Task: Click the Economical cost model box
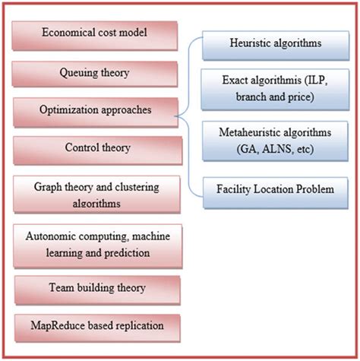tap(96, 33)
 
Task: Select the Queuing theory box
tap(96, 72)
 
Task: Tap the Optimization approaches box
tap(96, 109)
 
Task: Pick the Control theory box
tap(96, 147)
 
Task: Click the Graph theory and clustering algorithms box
tap(96, 192)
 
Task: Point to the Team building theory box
tap(96, 290)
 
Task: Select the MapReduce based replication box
tap(96, 328)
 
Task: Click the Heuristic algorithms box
tap(276, 45)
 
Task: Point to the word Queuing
tap(78, 73)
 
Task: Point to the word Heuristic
tap(251, 45)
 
